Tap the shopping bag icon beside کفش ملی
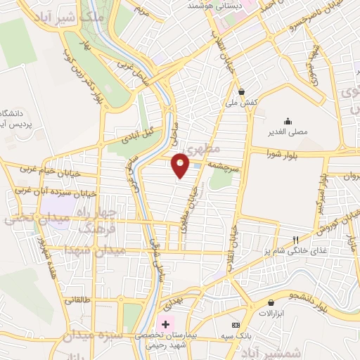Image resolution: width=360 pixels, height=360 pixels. (242, 91)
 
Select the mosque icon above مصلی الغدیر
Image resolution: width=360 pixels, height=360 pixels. (287, 121)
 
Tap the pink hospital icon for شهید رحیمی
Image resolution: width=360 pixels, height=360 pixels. (166, 324)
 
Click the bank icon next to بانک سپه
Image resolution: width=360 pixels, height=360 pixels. (236, 325)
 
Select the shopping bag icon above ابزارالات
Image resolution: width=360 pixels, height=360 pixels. (271, 302)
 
